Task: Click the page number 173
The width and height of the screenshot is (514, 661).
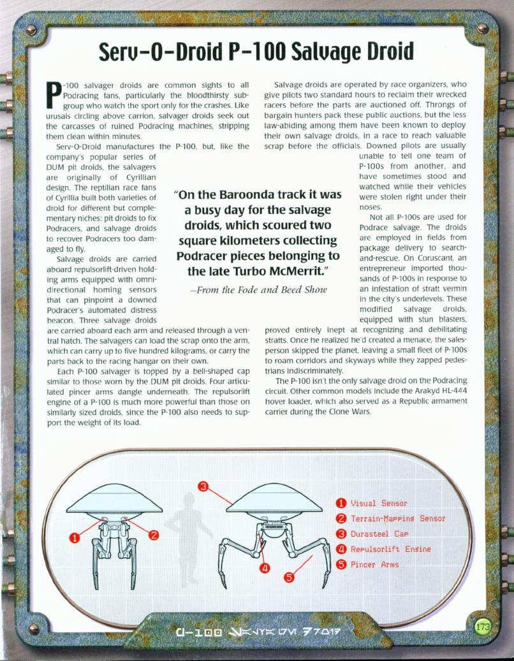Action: [483, 627]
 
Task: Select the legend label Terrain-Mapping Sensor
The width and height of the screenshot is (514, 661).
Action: [397, 518]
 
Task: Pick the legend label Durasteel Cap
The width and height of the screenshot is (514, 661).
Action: [379, 534]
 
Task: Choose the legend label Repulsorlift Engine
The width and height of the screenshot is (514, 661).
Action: [390, 549]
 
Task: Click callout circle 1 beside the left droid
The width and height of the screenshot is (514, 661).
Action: [75, 537]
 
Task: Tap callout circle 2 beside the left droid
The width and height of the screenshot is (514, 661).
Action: [154, 534]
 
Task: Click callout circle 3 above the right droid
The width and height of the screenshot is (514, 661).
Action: [203, 488]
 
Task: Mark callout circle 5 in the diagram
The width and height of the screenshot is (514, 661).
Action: [288, 577]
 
